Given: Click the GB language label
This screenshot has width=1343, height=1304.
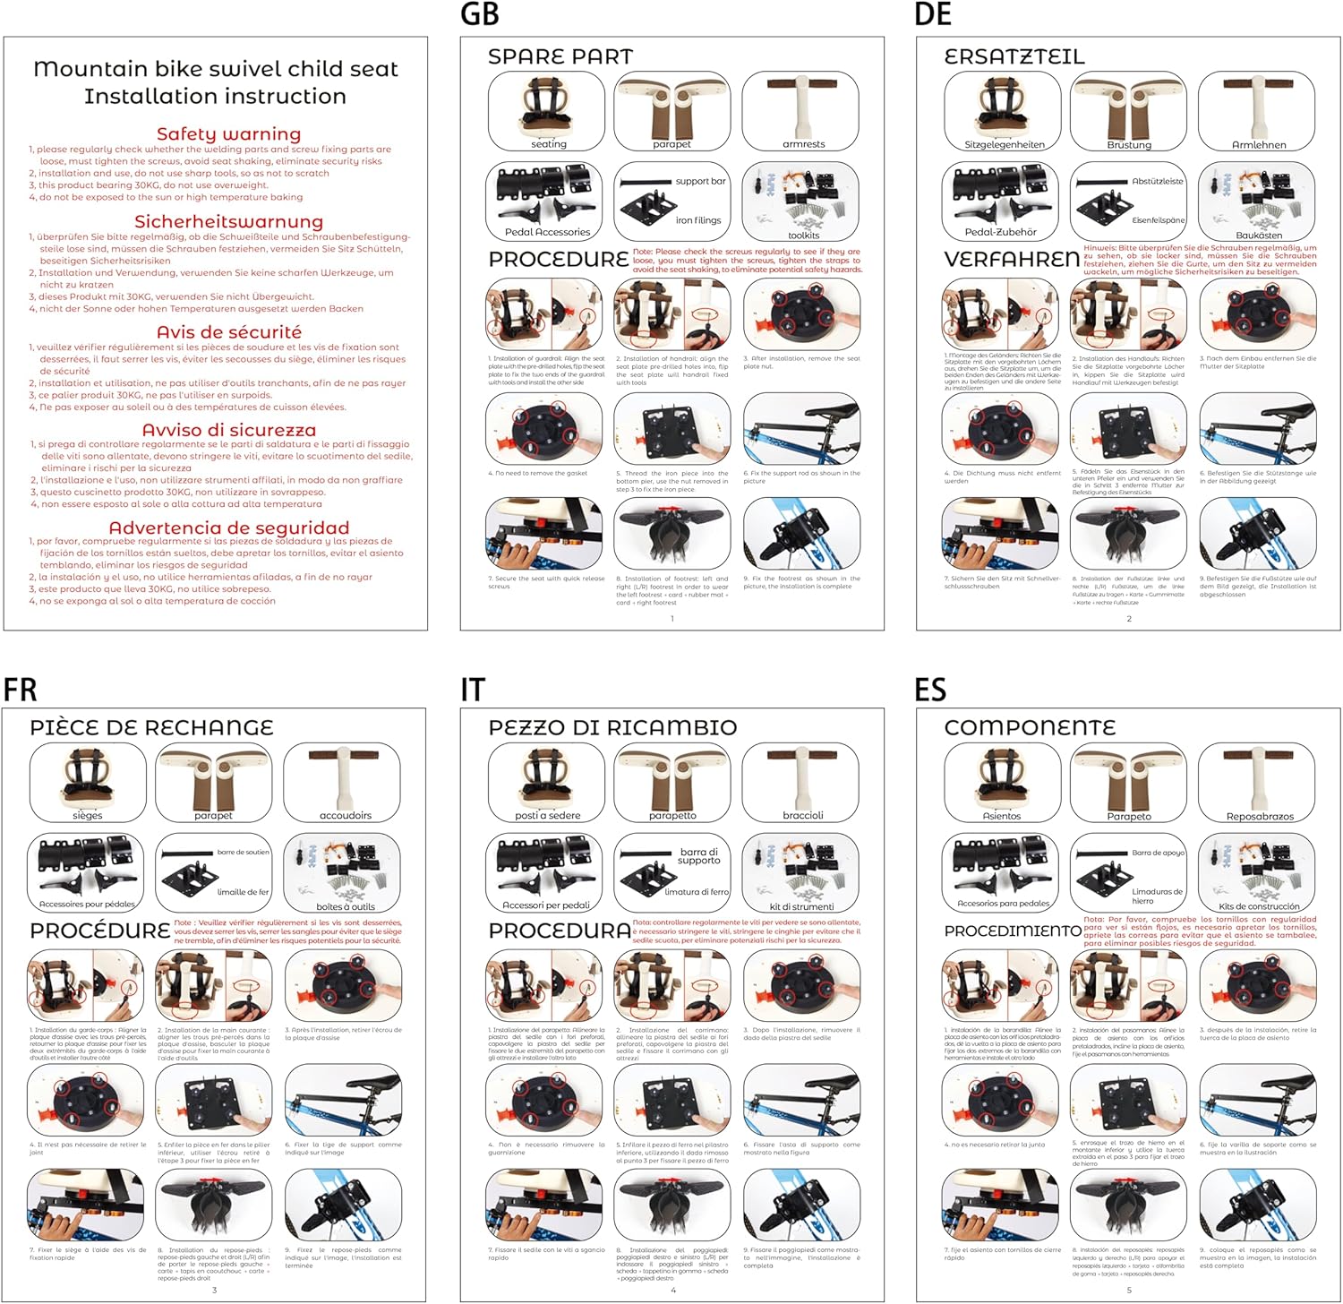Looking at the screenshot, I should [479, 15].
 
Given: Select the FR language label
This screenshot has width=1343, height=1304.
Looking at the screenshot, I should [20, 690].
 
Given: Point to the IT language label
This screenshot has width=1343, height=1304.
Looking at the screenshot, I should [473, 690].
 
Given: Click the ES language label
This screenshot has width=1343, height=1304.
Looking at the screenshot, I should [930, 690].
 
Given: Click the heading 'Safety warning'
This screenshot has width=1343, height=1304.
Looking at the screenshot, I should [228, 134].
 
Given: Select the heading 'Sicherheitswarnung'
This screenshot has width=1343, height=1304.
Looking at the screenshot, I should [228, 221].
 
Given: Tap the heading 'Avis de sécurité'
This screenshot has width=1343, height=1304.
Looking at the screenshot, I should [228, 332].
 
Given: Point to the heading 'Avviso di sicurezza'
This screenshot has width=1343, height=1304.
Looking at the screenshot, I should [228, 430].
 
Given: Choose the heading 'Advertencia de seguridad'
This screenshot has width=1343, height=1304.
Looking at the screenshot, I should [228, 528].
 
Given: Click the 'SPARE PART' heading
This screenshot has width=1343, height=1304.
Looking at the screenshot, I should [560, 56].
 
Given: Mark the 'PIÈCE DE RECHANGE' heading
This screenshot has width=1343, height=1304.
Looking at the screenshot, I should [151, 727].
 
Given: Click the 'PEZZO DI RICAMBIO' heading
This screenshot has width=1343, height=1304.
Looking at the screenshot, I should [612, 727].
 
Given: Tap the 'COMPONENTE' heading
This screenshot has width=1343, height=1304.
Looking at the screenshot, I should [1030, 727].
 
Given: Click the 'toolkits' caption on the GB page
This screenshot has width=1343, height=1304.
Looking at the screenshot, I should [803, 236].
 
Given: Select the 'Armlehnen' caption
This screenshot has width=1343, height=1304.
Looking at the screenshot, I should [1259, 145].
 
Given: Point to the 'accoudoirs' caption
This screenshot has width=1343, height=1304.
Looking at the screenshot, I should [345, 816].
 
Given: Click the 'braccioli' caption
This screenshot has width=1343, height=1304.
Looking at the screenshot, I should [802, 816].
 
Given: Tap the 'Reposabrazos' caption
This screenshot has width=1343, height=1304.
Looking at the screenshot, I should [1260, 817].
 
